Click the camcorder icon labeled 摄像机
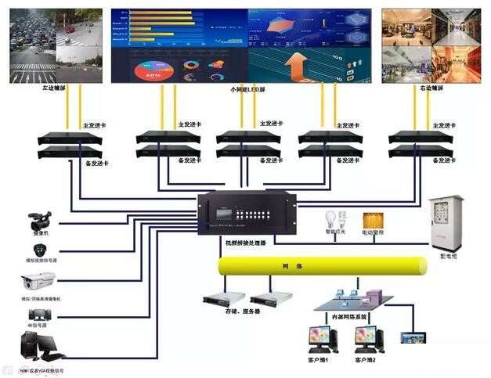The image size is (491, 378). [39, 220]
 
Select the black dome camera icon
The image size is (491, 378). [38, 250]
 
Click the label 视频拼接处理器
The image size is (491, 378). [240, 243]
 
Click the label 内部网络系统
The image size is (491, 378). [351, 318]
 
